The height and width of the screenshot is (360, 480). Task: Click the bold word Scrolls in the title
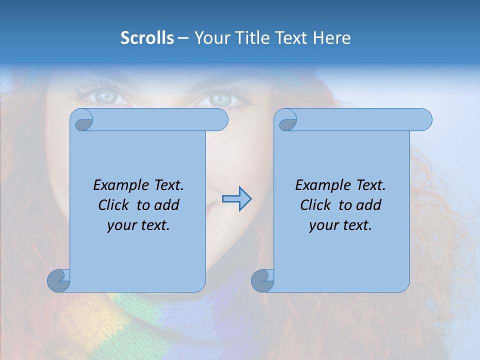pos(147,38)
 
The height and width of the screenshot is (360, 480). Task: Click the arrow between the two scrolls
pos(237,199)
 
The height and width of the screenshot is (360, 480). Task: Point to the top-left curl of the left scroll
pos(82,120)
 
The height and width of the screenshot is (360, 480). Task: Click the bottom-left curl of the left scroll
pos(59,280)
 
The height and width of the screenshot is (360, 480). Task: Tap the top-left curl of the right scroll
pos(286,120)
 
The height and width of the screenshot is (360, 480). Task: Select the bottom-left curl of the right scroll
pos(263,280)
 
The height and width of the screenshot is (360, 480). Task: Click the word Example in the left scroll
pos(118,185)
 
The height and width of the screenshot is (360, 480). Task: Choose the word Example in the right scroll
pos(320,185)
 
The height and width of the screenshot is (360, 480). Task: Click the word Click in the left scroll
pos(114,205)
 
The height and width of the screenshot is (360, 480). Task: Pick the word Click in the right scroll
pos(316,205)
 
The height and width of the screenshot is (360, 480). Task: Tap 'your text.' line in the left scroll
pos(138,225)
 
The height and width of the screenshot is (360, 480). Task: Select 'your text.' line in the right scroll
pos(340,225)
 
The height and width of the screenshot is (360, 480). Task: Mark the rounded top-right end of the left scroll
pos(220,120)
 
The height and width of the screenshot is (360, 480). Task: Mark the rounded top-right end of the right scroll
pos(424,120)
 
